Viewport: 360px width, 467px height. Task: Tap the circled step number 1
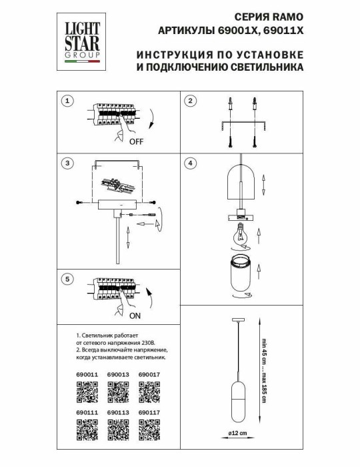pos(67,101)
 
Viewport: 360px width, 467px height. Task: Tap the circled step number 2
pos(190,101)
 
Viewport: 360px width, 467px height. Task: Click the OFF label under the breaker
pos(136,142)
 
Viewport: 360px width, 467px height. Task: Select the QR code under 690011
pos(87,394)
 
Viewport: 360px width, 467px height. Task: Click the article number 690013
pos(117,375)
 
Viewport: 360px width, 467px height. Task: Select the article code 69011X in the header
pos(283,31)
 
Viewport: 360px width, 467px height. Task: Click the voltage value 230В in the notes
pos(161,340)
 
